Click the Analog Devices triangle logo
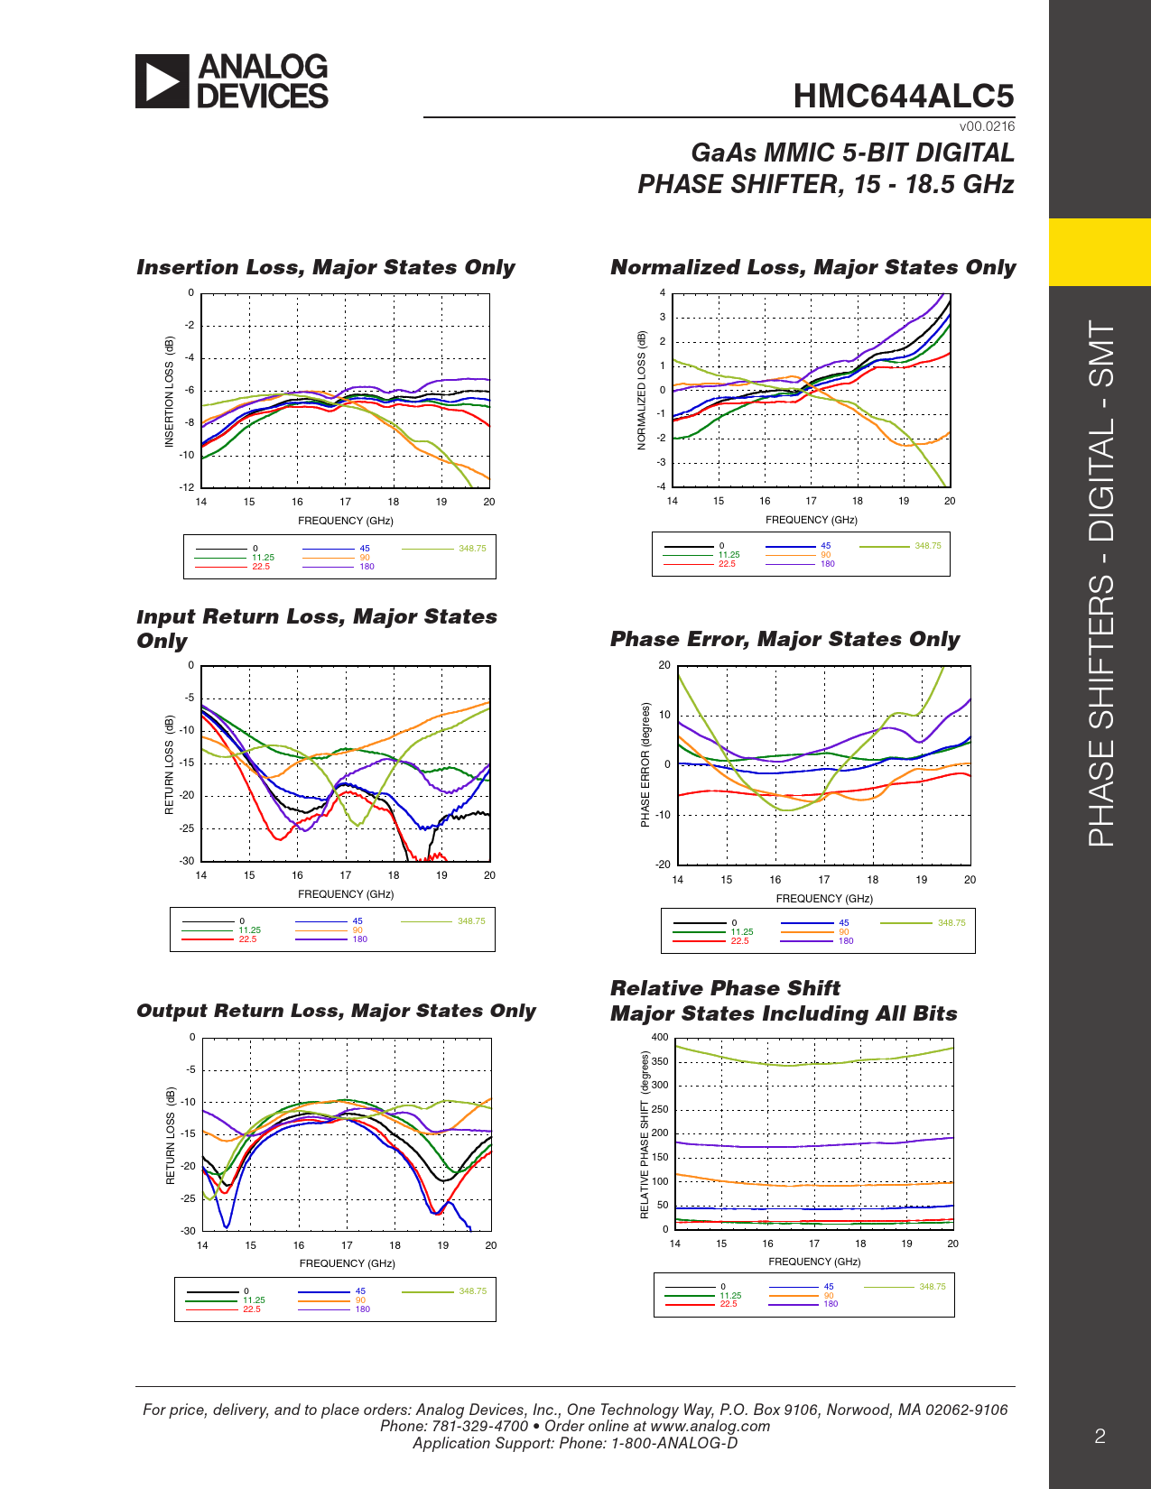(x=162, y=81)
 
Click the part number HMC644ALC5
(x=903, y=96)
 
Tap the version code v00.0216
(x=987, y=126)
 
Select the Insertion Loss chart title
(x=325, y=267)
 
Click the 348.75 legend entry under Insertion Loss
(x=471, y=549)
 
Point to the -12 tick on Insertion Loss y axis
(x=187, y=487)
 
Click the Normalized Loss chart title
(x=812, y=267)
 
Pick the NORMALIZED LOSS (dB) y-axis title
(x=642, y=390)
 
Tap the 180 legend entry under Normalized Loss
(x=827, y=564)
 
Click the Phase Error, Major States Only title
(x=784, y=639)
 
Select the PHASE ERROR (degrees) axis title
(x=645, y=764)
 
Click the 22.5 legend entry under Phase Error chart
(x=739, y=941)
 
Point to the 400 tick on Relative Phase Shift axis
(x=660, y=1037)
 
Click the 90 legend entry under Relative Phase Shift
(x=828, y=1296)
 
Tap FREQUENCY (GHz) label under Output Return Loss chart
(x=346, y=1263)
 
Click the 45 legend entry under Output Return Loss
(x=360, y=1291)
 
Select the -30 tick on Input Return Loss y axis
(x=187, y=861)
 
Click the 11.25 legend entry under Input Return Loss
(x=249, y=930)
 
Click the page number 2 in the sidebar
(x=1100, y=1437)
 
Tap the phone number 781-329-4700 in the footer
(x=479, y=1426)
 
